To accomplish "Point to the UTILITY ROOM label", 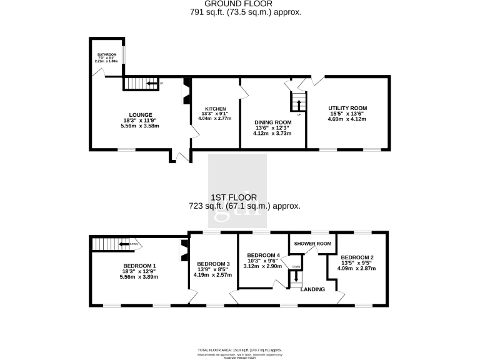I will click(347, 108).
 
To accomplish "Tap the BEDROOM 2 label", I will click(357, 257).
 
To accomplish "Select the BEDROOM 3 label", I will click(213, 264).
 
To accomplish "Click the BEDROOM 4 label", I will click(262, 255).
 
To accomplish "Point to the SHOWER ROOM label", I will click(312, 244).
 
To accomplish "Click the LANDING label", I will click(312, 289).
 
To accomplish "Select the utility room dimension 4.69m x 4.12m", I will click(347, 119).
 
